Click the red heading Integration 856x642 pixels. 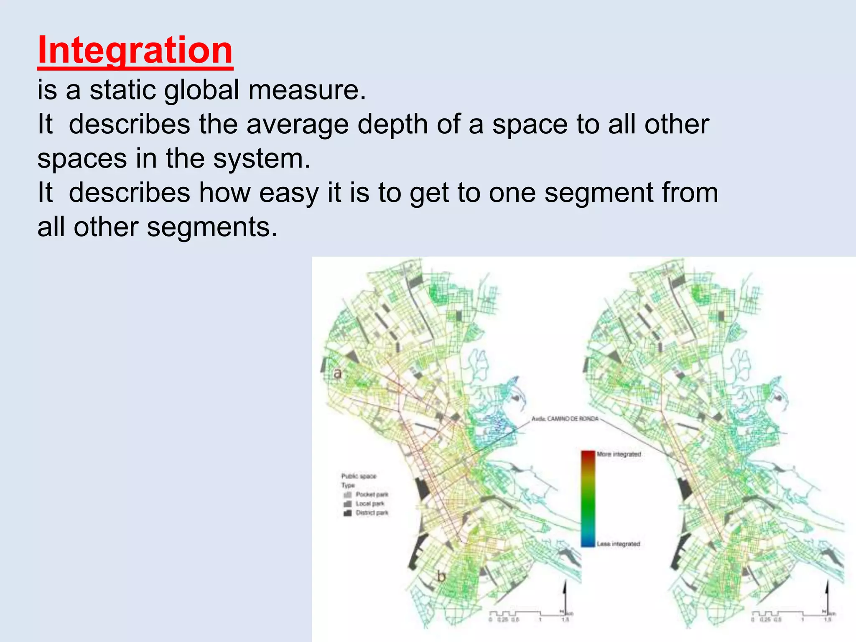135,50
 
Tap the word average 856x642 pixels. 297,124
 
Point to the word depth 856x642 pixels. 392,124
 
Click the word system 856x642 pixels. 262,159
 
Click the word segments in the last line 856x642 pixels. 212,227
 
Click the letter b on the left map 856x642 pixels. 441,577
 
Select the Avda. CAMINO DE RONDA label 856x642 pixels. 565,419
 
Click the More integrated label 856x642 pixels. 619,454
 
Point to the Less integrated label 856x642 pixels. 618,544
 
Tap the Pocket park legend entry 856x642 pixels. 367,494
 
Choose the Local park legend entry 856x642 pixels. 364,504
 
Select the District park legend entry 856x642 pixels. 367,513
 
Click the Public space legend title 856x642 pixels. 359,476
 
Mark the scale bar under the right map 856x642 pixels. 790,614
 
